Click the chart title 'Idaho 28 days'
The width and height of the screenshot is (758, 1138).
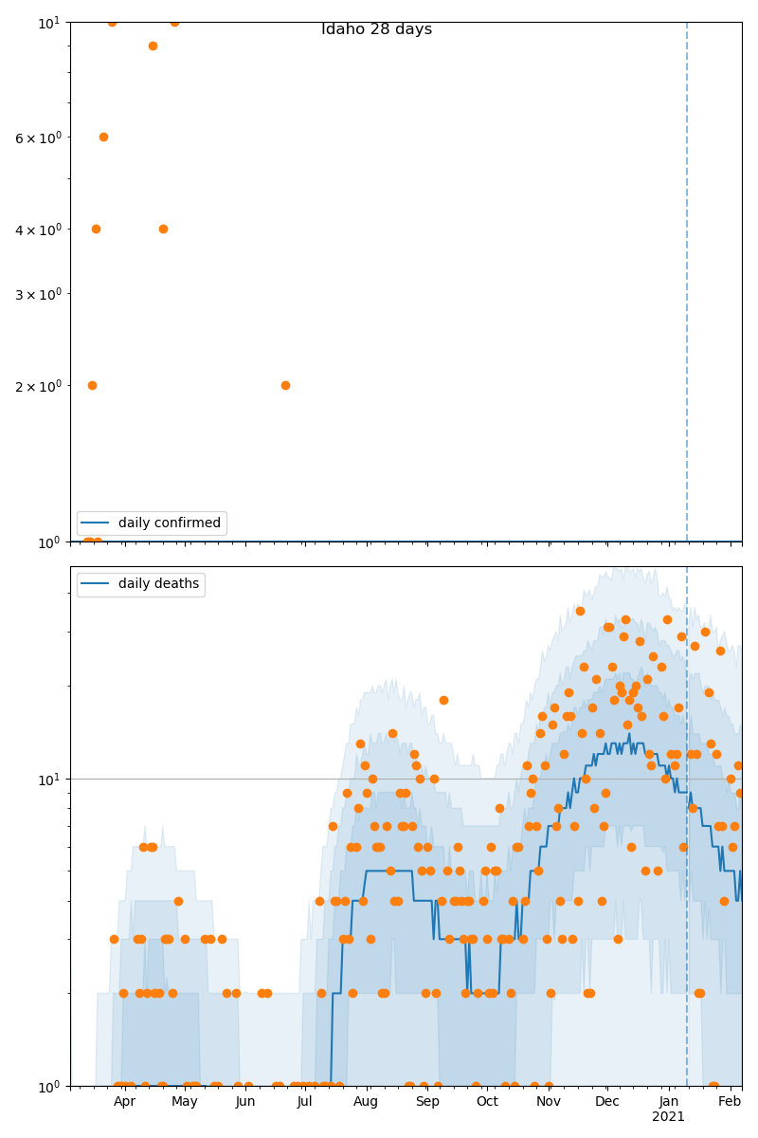pos(376,29)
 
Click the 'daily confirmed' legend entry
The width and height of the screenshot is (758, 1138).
pos(169,523)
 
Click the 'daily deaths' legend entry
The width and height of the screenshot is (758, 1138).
pos(158,583)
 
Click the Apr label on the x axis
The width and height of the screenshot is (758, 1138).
pos(124,1101)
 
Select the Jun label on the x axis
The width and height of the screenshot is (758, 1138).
pos(245,1101)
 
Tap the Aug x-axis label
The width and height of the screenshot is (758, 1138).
pos(366,1101)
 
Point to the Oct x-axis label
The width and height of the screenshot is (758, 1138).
pos(487,1101)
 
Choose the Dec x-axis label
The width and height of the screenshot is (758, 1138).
pos(607,1101)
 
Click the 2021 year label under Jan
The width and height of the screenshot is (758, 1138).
pos(668,1117)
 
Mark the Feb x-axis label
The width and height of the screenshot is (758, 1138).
pos(730,1101)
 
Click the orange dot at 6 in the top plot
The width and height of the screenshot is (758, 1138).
pos(103,137)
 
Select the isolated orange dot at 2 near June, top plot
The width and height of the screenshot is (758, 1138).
pos(285,385)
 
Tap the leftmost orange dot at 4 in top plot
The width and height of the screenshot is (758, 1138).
pos(96,229)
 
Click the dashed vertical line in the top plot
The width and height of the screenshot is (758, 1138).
pos(687,284)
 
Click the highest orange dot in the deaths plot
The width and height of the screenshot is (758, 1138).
pos(580,611)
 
